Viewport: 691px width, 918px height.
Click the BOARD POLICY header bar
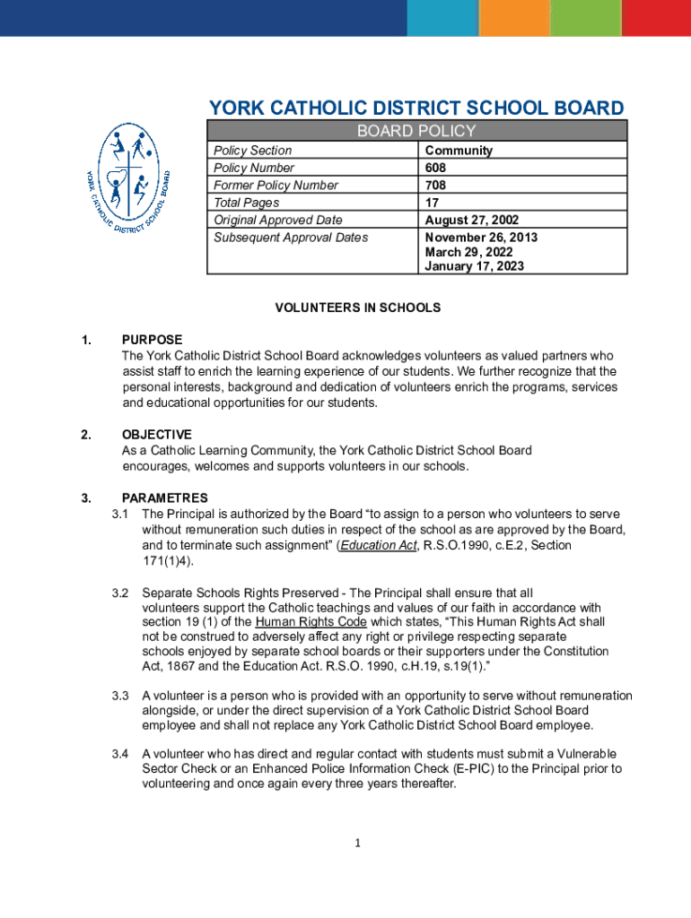pyautogui.click(x=416, y=131)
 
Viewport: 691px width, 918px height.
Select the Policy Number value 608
pyautogui.click(x=435, y=168)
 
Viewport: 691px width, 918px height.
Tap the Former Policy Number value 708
pyautogui.click(x=435, y=186)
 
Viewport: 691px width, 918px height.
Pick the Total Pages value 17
pyautogui.click(x=433, y=203)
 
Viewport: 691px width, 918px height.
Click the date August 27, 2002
pyautogui.click(x=471, y=220)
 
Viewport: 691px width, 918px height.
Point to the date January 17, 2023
pyautogui.click(x=474, y=266)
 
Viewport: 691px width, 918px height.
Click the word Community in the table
pyautogui.click(x=459, y=151)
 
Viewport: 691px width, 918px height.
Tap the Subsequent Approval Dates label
pyautogui.click(x=291, y=238)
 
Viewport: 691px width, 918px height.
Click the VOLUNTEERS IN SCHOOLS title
pyautogui.click(x=357, y=307)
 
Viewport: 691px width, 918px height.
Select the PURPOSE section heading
pyautogui.click(x=152, y=340)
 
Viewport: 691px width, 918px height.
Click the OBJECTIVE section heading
pyautogui.click(x=156, y=435)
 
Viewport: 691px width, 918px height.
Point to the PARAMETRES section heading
pyautogui.click(x=164, y=498)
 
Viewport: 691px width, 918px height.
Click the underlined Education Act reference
pyautogui.click(x=379, y=545)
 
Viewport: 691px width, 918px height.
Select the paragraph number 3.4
pyautogui.click(x=120, y=753)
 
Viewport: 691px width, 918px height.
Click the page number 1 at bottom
pyautogui.click(x=356, y=843)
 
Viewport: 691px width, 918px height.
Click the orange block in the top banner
pyautogui.click(x=513, y=18)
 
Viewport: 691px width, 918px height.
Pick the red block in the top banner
pyautogui.click(x=656, y=18)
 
